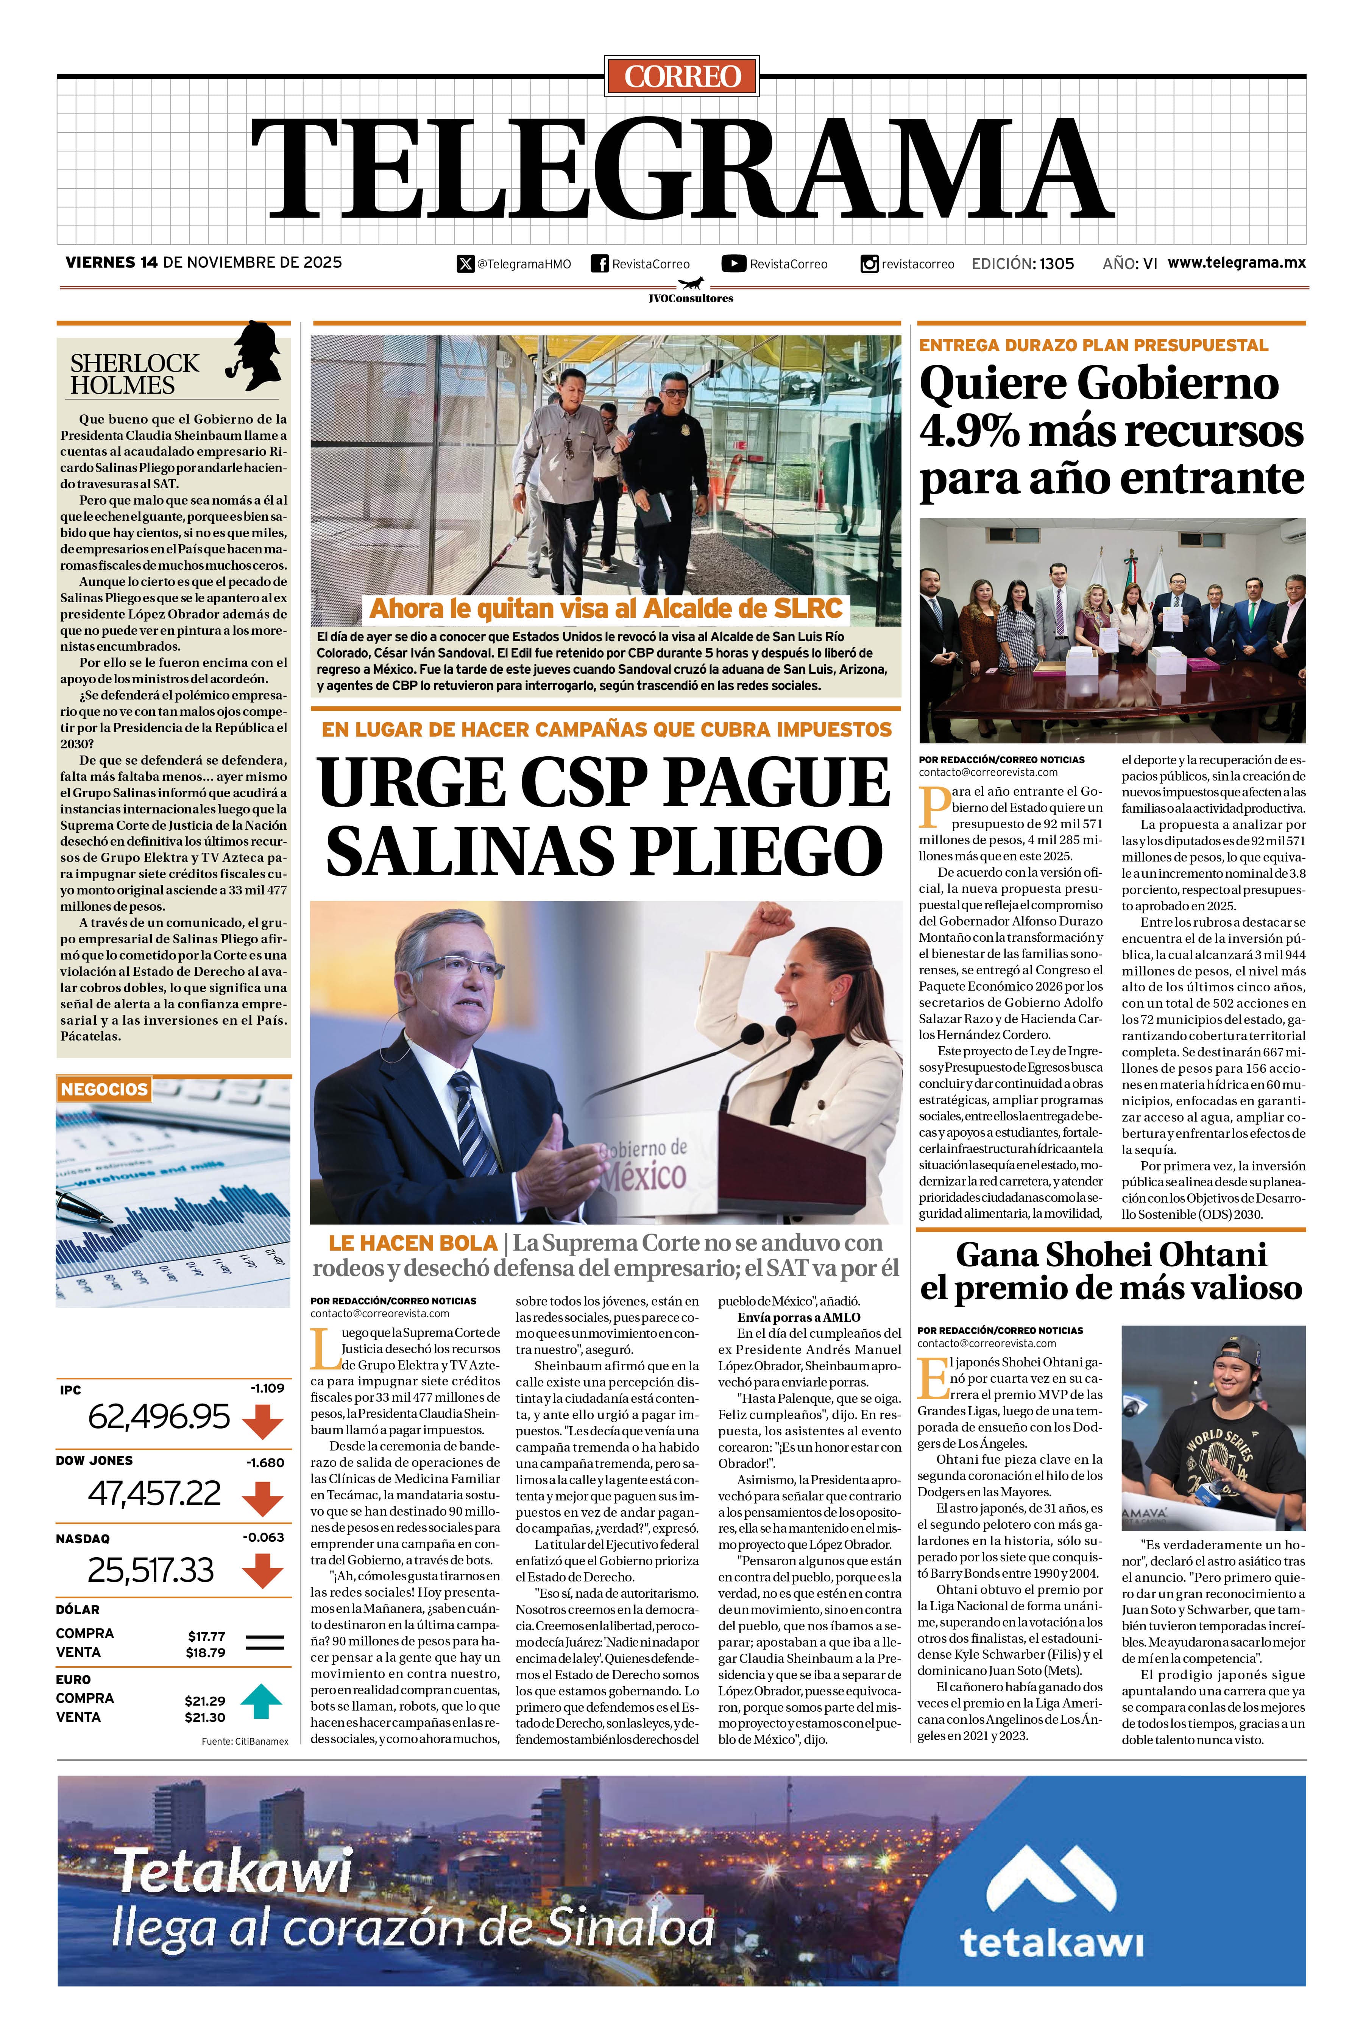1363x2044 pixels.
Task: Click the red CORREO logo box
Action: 682,76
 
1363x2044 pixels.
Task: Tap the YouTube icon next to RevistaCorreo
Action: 734,263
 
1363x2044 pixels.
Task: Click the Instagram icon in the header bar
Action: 869,263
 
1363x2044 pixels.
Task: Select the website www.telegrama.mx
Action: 1236,262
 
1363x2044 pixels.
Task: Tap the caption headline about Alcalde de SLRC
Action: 606,608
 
